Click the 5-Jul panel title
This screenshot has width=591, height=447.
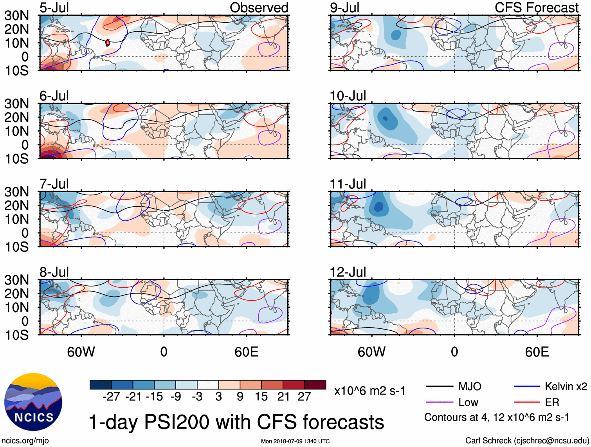[x=54, y=8]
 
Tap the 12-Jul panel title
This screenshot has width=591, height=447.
[x=348, y=272]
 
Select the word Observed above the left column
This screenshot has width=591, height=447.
[x=259, y=8]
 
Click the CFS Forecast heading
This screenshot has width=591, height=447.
[x=536, y=8]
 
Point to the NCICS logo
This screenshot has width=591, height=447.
[x=33, y=402]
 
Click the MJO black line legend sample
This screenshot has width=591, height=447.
[x=439, y=387]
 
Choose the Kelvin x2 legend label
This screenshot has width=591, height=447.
[x=566, y=387]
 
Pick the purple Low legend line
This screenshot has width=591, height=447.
[x=439, y=402]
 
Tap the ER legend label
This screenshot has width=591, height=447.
[x=552, y=402]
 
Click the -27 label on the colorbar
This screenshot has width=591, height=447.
[x=111, y=397]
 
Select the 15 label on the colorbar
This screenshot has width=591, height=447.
[x=261, y=397]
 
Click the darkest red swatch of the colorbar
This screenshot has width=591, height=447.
[x=315, y=385]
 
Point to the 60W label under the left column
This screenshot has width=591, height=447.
[x=81, y=352]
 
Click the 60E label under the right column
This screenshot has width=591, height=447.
[x=537, y=352]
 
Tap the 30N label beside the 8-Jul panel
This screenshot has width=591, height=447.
[x=16, y=280]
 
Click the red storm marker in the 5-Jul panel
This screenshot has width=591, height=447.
[x=108, y=42]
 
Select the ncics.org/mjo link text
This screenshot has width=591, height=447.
[x=25, y=441]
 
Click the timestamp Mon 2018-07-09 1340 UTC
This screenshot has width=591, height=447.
[x=295, y=441]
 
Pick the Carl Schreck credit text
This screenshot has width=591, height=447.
[x=527, y=441]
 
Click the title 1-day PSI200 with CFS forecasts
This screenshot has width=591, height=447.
[x=236, y=422]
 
